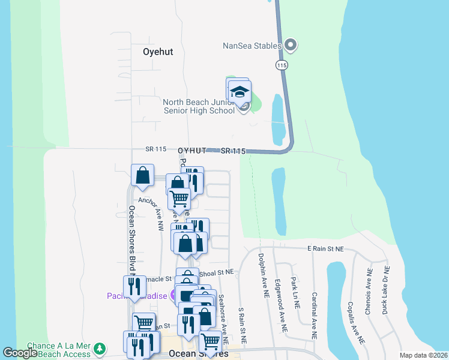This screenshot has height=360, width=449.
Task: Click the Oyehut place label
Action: (158, 52)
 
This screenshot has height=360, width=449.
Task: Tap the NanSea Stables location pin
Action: (291, 45)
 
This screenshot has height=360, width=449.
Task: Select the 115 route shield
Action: (280, 64)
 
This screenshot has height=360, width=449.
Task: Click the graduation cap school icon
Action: (240, 92)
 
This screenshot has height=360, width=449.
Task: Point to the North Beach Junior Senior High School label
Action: (199, 106)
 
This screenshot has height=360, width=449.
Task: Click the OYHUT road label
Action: (192, 150)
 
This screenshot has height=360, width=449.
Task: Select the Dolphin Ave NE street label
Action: (261, 275)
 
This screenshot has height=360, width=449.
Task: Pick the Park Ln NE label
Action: (295, 293)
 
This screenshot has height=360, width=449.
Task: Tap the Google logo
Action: (20, 353)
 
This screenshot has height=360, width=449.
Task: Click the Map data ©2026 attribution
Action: (423, 355)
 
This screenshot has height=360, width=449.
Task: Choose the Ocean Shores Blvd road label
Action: (131, 240)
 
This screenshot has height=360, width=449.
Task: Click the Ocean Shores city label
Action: (199, 353)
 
